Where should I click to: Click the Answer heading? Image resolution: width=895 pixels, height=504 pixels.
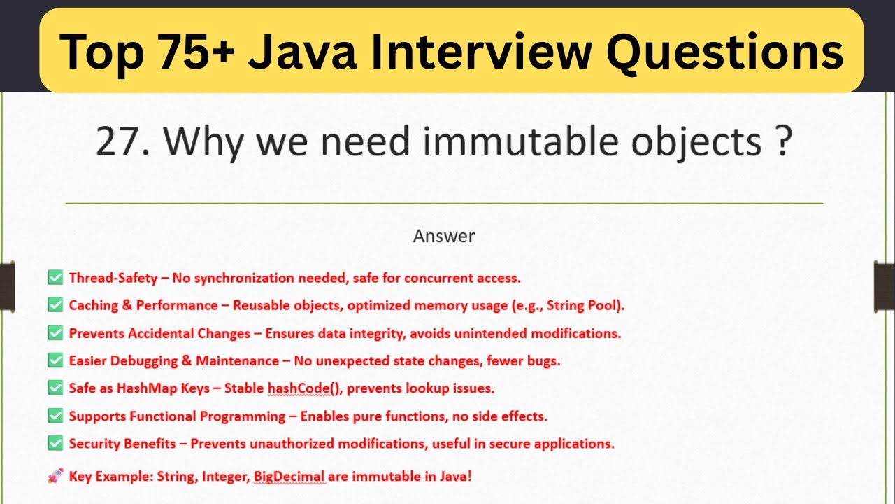pos(444,237)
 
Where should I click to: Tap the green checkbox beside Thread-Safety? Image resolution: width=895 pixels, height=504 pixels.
pos(55,278)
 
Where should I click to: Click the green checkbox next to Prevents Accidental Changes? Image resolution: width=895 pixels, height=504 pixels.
pos(55,333)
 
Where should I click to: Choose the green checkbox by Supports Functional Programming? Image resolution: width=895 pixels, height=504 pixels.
pos(55,416)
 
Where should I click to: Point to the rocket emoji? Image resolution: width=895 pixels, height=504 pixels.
pos(55,477)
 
